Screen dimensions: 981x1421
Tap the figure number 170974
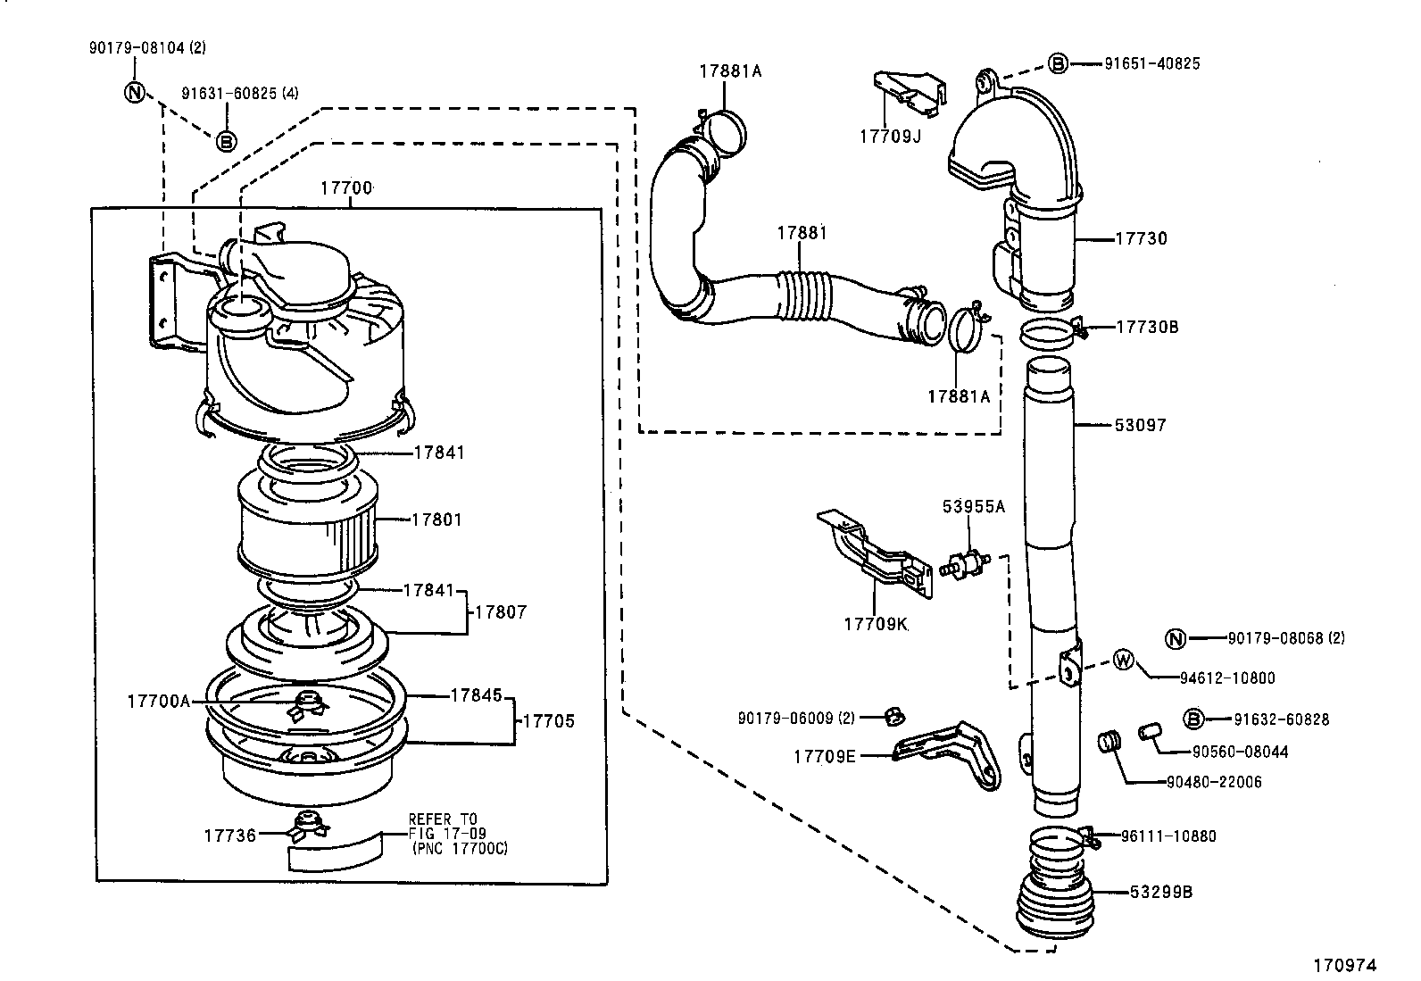click(1344, 965)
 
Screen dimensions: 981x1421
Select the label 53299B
click(1160, 892)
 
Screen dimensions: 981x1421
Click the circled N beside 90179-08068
click(1176, 638)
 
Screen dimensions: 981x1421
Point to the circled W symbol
click(1124, 661)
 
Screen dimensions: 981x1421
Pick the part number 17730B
click(1147, 328)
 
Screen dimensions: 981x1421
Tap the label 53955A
click(973, 507)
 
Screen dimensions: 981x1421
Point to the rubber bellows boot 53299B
click(1054, 897)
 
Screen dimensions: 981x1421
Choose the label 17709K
click(875, 624)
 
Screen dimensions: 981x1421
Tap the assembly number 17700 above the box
click(346, 188)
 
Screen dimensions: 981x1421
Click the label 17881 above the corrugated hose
click(801, 233)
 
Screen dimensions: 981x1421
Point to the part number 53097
click(1140, 425)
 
